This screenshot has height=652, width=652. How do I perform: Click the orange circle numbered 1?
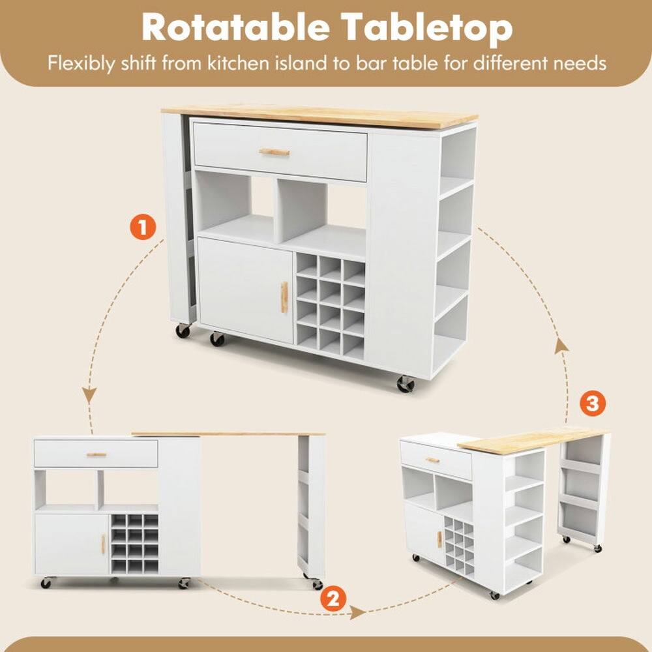pyautogui.click(x=142, y=228)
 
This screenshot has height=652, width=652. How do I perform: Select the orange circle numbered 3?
pyautogui.click(x=592, y=404)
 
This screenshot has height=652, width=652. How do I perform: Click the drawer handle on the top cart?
pyautogui.click(x=274, y=152)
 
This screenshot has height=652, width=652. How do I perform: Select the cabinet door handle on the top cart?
pyautogui.click(x=284, y=297)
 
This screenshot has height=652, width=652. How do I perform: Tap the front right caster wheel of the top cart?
pyautogui.click(x=406, y=384)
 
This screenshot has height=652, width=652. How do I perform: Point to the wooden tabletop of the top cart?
pyautogui.click(x=319, y=117)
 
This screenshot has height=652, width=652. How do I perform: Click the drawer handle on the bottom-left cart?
pyautogui.click(x=96, y=454)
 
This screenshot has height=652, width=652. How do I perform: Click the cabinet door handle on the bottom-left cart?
pyautogui.click(x=102, y=544)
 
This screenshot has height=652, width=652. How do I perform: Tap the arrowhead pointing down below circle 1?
pyautogui.click(x=90, y=396)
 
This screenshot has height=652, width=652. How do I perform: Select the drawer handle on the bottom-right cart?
pyautogui.click(x=432, y=460)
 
